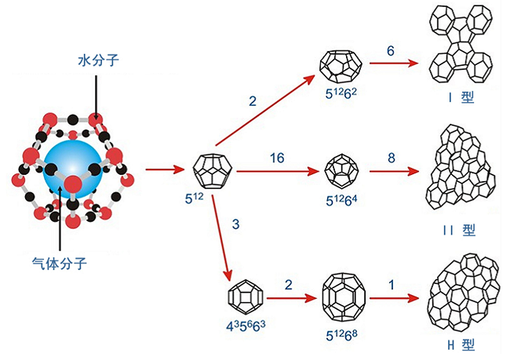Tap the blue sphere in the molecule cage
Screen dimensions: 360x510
(x=73, y=169)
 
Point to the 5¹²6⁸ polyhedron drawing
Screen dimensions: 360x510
(x=342, y=296)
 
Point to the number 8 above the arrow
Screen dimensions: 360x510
(x=392, y=156)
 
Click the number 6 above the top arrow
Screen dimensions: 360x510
(x=390, y=50)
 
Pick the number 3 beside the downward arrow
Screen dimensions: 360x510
(x=235, y=225)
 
